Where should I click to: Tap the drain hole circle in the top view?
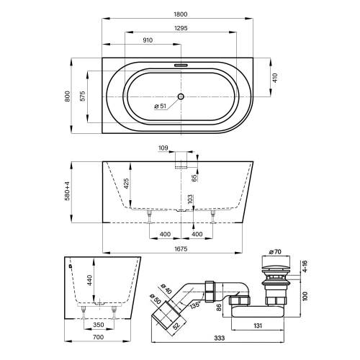[181, 95]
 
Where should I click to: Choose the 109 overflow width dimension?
[163, 149]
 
